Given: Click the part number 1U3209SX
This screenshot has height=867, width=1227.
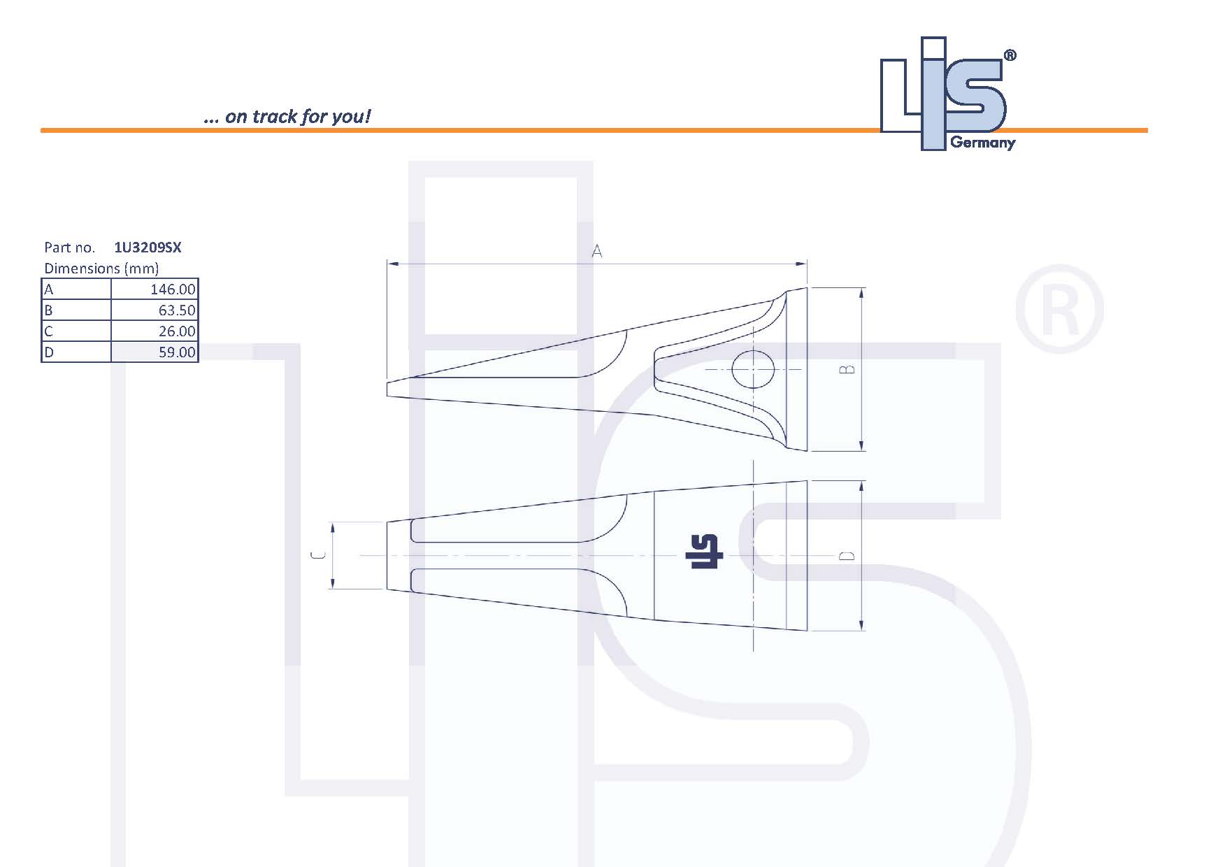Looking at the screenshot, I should pyautogui.click(x=148, y=248).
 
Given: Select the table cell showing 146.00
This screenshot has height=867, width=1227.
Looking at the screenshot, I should pyautogui.click(x=155, y=289).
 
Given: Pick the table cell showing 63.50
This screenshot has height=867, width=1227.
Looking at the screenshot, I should pyautogui.click(x=155, y=310).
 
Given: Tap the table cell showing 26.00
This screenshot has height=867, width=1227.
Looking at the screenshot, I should pyautogui.click(x=155, y=331).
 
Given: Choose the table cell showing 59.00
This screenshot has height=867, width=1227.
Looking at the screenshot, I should pyautogui.click(x=155, y=352).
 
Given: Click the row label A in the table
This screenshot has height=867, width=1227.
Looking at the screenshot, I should pyautogui.click(x=49, y=289).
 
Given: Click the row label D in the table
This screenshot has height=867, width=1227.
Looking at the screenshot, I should pyautogui.click(x=49, y=352).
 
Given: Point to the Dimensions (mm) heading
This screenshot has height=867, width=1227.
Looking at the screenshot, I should pyautogui.click(x=101, y=268).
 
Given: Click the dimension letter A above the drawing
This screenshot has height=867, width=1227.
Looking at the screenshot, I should pyautogui.click(x=596, y=252).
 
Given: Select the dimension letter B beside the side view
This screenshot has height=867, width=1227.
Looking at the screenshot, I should pyautogui.click(x=847, y=369).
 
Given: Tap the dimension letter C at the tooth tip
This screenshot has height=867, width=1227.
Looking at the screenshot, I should pyautogui.click(x=317, y=556).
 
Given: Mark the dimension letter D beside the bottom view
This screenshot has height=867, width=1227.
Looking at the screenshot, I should pyautogui.click(x=847, y=556).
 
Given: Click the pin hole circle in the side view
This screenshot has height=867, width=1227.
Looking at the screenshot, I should pyautogui.click(x=753, y=369).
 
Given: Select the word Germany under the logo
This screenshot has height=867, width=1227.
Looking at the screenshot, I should pyautogui.click(x=982, y=143).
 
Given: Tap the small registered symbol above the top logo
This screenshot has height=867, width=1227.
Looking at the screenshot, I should pyautogui.click(x=1010, y=56).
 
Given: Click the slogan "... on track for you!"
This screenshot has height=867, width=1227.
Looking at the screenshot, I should pyautogui.click(x=287, y=117).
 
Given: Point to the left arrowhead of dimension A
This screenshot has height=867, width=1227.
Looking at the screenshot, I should pyautogui.click(x=392, y=264).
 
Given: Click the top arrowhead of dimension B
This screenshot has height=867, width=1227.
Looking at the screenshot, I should pyautogui.click(x=861, y=292).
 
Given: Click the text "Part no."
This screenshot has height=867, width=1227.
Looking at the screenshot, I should pyautogui.click(x=69, y=248).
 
